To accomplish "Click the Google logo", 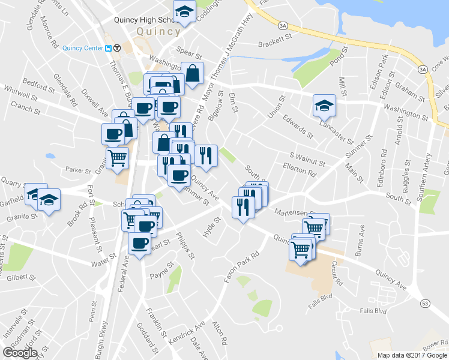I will click(x=20, y=353).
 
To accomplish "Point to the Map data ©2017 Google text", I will click(x=412, y=355).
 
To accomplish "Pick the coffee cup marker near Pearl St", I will click(x=140, y=244).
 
